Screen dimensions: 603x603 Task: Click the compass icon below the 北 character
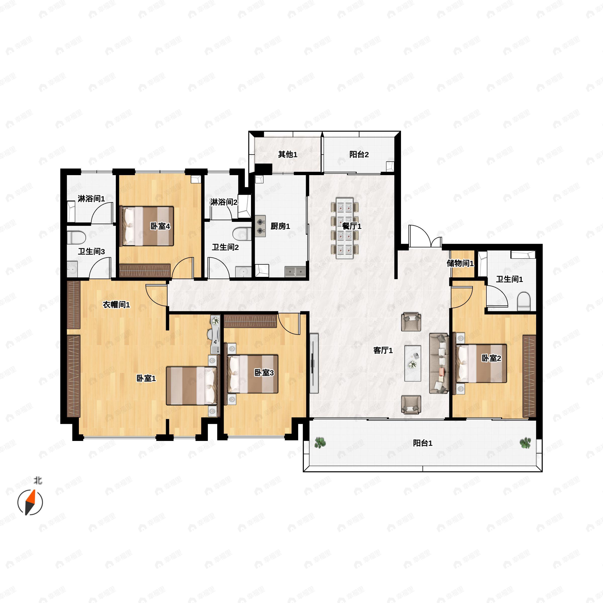click(x=30, y=502)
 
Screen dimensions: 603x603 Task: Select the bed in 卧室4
click(x=147, y=226)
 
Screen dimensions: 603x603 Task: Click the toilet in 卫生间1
click(x=524, y=301)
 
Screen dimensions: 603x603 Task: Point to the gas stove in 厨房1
click(x=260, y=226)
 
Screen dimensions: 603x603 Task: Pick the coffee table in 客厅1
click(x=413, y=363)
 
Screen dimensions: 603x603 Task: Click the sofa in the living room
click(x=439, y=363)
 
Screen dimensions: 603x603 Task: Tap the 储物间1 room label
click(x=460, y=263)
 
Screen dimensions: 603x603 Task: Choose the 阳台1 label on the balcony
click(x=423, y=443)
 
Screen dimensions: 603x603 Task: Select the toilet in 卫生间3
click(x=76, y=237)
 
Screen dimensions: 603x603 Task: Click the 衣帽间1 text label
click(x=116, y=304)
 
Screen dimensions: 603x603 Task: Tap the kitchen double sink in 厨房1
click(x=295, y=272)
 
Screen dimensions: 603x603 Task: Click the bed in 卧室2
click(x=481, y=363)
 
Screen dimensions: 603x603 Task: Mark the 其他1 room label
click(x=287, y=154)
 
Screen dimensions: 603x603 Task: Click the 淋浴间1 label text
click(x=91, y=198)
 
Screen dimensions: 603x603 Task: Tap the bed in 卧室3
click(x=253, y=374)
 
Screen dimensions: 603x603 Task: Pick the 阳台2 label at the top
click(x=359, y=154)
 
